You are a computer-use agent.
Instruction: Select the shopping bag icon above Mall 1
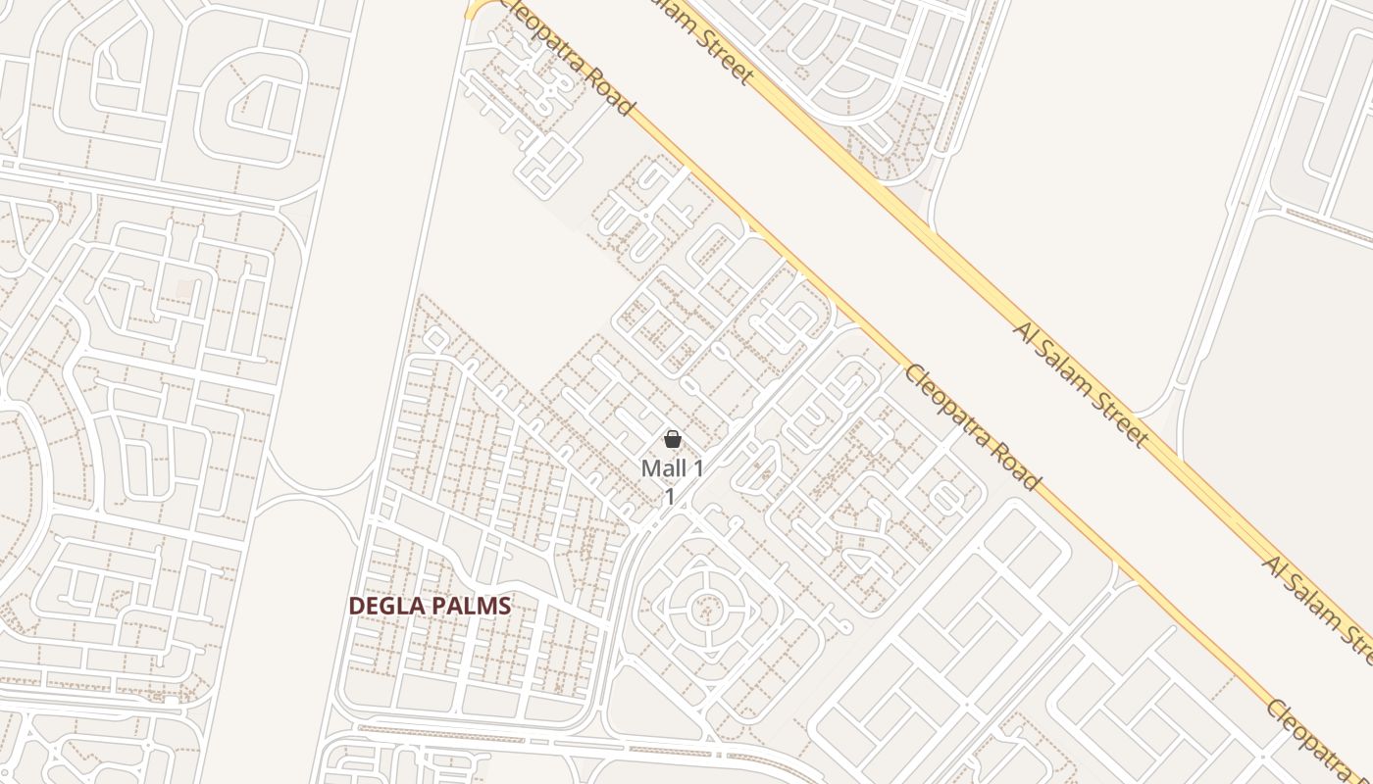pyautogui.click(x=673, y=439)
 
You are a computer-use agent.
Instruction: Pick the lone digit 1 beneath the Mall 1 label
pyautogui.click(x=671, y=497)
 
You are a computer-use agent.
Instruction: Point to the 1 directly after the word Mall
pyautogui.click(x=698, y=468)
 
